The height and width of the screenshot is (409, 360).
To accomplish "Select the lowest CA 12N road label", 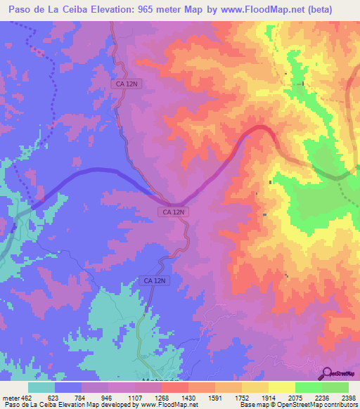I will (154, 280).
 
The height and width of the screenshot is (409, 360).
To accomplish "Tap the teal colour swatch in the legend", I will (41, 387).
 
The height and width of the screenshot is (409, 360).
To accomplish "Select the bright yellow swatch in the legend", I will (281, 387).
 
